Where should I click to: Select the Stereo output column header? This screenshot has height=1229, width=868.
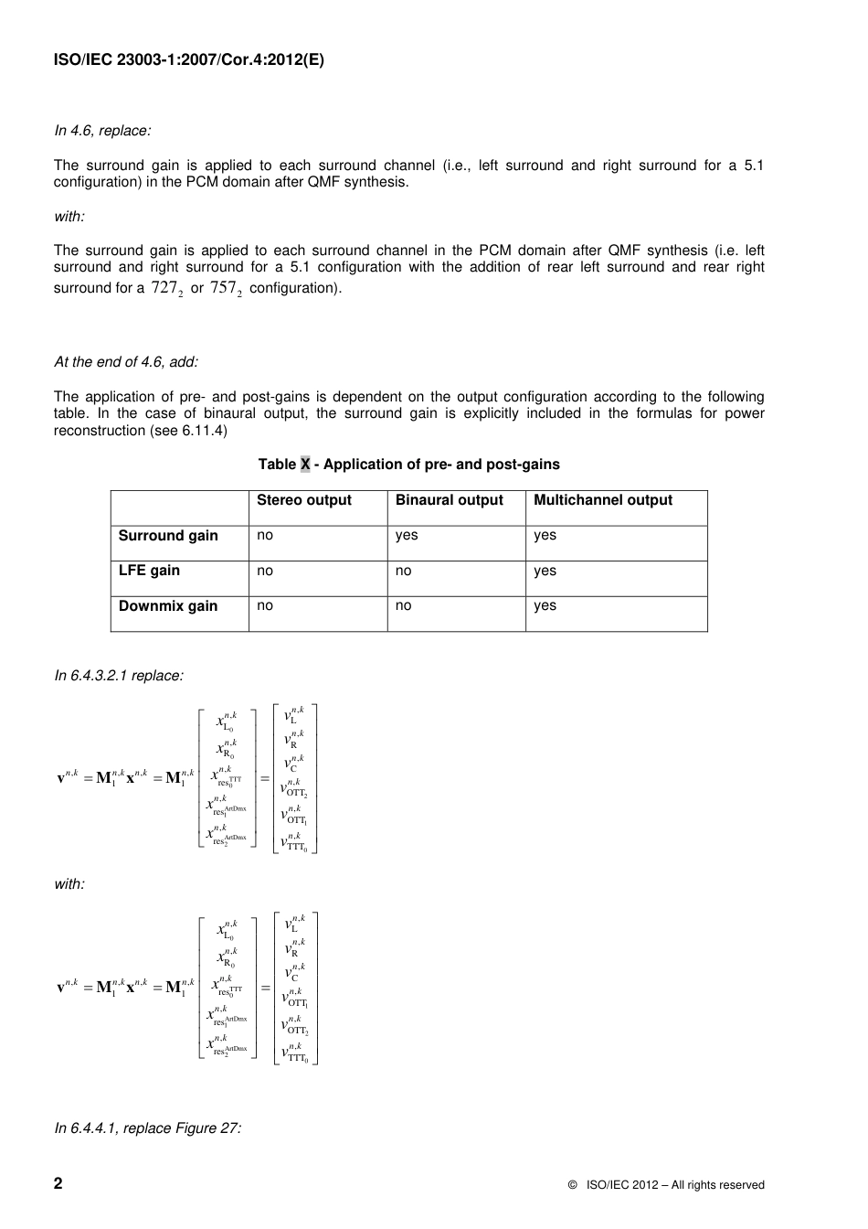tap(303, 500)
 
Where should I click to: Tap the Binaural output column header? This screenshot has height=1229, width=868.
tap(449, 500)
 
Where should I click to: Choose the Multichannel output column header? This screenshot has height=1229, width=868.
tap(602, 500)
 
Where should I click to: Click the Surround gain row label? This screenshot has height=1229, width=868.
tap(168, 536)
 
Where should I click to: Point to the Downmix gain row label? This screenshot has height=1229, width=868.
tap(168, 605)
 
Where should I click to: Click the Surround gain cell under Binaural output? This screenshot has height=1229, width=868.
tap(407, 536)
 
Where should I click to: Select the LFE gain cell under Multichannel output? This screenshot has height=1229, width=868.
tap(545, 571)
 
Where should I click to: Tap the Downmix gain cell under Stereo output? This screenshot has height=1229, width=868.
tap(265, 605)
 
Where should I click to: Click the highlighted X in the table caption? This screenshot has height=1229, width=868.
tap(305, 465)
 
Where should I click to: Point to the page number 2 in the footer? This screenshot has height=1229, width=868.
tap(58, 1184)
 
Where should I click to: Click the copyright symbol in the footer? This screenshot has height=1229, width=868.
tap(572, 1185)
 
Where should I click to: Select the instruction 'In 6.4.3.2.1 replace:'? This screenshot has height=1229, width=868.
tap(119, 676)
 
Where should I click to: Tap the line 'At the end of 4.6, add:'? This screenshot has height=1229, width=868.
tap(126, 362)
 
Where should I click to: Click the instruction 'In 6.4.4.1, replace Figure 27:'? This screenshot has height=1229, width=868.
tap(148, 1128)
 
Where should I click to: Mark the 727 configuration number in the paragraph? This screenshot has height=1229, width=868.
tap(166, 288)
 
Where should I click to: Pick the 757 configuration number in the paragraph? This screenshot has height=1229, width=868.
tap(225, 288)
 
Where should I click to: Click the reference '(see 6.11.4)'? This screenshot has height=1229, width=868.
tap(189, 431)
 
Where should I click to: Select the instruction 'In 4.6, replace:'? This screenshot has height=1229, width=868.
tap(102, 131)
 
